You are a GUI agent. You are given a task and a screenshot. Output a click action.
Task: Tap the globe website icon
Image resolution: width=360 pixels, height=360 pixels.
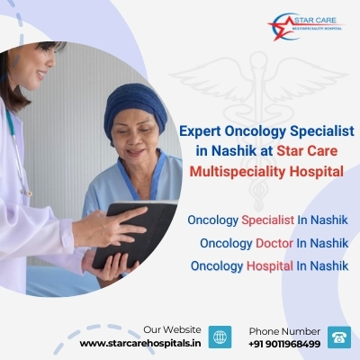(x=220, y=337)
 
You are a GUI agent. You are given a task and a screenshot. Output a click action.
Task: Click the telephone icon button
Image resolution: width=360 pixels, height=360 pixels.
(x=339, y=337)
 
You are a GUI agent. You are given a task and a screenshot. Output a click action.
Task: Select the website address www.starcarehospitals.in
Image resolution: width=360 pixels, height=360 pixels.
(x=140, y=344)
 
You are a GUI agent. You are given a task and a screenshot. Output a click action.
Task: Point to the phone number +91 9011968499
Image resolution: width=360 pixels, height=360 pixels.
(x=284, y=344)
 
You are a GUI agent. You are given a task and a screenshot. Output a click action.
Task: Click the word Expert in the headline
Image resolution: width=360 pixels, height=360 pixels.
(x=200, y=131)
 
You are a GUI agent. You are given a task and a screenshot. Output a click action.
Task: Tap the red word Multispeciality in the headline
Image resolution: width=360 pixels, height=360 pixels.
(x=237, y=172)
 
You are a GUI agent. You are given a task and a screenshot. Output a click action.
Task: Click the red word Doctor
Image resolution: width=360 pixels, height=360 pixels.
(x=274, y=243)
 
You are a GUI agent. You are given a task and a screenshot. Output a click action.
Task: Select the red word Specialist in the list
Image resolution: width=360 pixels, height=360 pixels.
(x=268, y=220)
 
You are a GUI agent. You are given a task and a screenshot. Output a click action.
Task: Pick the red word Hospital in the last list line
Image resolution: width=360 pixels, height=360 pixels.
(x=270, y=265)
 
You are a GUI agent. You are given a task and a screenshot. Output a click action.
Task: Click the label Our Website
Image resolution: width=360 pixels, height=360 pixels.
(x=172, y=329)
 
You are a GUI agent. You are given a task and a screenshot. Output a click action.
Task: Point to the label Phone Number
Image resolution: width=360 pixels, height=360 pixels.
(x=284, y=331)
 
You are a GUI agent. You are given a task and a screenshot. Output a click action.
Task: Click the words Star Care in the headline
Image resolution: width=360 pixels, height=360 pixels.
(x=307, y=151)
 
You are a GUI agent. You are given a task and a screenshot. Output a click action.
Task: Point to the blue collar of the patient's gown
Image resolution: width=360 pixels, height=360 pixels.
(x=141, y=174)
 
